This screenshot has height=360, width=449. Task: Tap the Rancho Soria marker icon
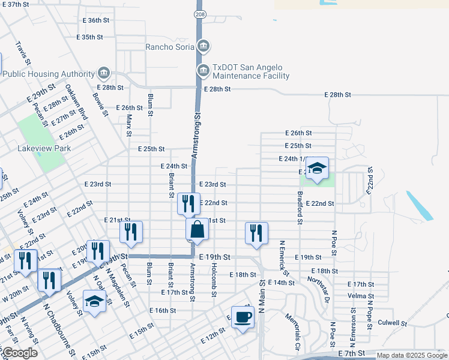tap(203, 46)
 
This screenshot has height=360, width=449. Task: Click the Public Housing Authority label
tap(49, 74)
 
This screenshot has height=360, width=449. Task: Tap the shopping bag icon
tap(197, 230)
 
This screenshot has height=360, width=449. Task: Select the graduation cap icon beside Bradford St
tap(317, 169)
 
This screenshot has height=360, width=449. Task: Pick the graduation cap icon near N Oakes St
tap(94, 301)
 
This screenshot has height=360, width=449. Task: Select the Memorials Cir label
tap(292, 331)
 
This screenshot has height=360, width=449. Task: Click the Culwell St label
tap(393, 323)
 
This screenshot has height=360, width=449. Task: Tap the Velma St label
tap(361, 296)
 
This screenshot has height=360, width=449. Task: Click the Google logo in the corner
tap(20, 353)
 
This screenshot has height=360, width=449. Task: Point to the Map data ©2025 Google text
tap(411, 355)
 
